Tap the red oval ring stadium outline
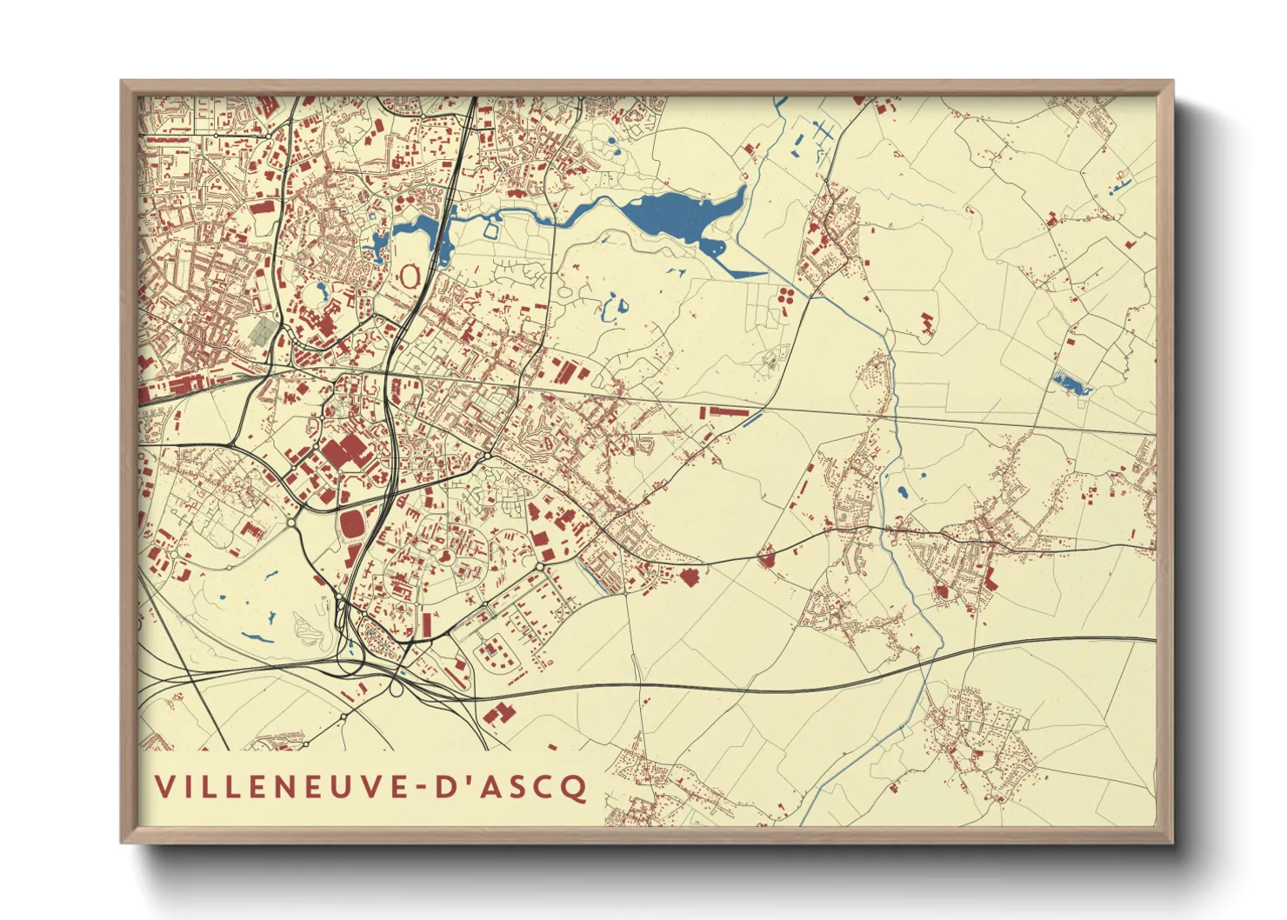tap(408, 277)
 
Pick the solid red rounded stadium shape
tap(353, 525)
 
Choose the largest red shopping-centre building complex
tap(344, 453)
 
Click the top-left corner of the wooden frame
tap(123, 83)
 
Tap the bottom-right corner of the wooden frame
tap(1170, 841)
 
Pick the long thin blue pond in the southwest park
tap(257, 637)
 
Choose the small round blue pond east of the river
tap(902, 492)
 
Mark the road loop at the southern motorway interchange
tap(397, 689)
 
